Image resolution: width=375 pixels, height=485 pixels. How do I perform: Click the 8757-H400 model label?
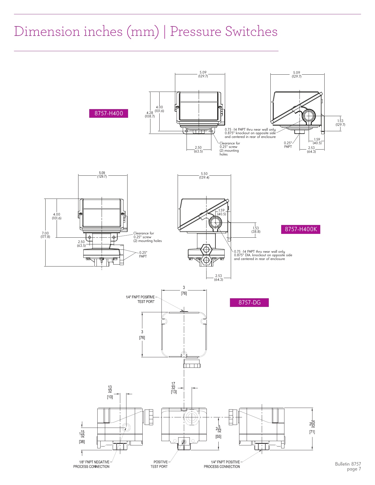pyautogui.click(x=108, y=113)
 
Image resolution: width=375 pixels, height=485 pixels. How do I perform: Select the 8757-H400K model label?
pyautogui.click(x=301, y=229)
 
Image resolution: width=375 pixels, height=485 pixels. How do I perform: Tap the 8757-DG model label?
pyautogui.click(x=249, y=303)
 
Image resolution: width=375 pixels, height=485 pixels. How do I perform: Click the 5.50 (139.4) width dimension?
pyautogui.click(x=204, y=176)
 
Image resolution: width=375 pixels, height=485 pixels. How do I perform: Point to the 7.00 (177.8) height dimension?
pyautogui.click(x=45, y=235)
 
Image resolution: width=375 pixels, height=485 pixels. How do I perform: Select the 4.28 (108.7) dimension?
pyautogui.click(x=150, y=115)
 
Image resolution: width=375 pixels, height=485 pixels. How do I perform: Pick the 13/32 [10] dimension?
pyautogui.click(x=110, y=392)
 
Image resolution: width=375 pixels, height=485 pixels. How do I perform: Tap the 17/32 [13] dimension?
pyautogui.click(x=173, y=388)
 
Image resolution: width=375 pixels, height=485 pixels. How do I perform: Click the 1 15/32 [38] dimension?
pyautogui.click(x=82, y=436)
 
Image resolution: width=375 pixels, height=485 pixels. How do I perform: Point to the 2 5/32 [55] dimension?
pyautogui.click(x=218, y=432)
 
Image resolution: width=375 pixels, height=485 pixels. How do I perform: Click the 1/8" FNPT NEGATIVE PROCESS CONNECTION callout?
pyautogui.click(x=91, y=464)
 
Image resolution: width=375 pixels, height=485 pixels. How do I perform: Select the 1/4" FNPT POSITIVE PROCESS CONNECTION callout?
pyautogui.click(x=222, y=464)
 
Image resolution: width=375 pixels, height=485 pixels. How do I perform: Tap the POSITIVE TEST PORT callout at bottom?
pyautogui.click(x=159, y=464)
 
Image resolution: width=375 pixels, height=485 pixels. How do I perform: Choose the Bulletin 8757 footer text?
pyautogui.click(x=348, y=464)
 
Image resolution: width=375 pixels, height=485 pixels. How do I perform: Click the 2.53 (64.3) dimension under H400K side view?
pyautogui.click(x=218, y=278)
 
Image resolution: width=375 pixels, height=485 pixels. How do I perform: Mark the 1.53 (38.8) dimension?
pyautogui.click(x=256, y=230)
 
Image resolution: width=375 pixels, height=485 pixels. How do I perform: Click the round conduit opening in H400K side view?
pyautogui.click(x=215, y=223)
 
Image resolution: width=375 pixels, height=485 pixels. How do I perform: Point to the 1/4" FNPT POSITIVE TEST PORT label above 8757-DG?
pyautogui.click(x=140, y=299)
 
